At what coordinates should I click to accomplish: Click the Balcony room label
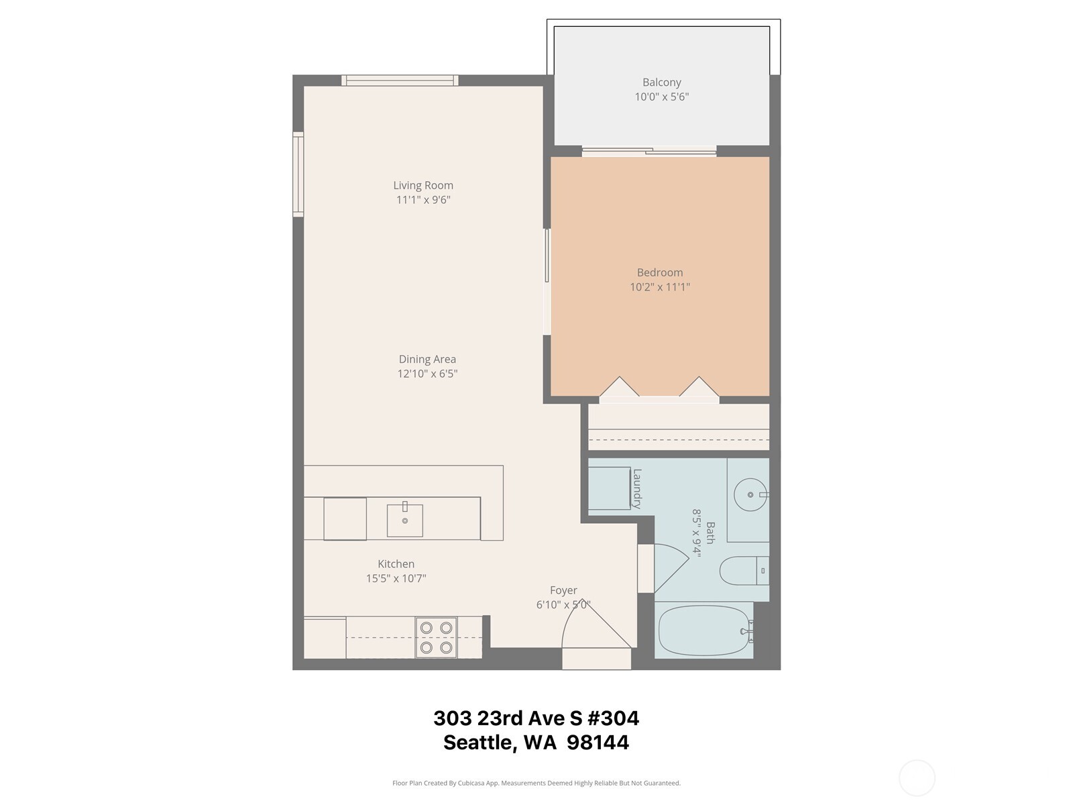[x=661, y=83]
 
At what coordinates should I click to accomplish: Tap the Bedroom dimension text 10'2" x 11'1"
[x=659, y=287]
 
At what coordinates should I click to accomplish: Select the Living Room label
[x=423, y=185]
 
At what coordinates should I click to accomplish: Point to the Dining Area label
[x=427, y=360]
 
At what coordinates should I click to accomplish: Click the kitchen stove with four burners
[x=436, y=637]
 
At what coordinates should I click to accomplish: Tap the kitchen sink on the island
[x=404, y=520]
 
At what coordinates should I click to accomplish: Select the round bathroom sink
[x=750, y=495]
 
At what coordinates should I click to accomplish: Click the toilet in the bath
[x=741, y=572]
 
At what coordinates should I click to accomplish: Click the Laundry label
[x=637, y=488]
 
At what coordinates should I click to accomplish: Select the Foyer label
[x=563, y=590]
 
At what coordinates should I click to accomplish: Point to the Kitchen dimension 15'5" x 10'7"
[x=396, y=578]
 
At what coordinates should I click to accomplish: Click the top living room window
[x=400, y=80]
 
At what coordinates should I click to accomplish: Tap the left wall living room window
[x=298, y=174]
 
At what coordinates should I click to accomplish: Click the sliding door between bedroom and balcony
[x=648, y=152]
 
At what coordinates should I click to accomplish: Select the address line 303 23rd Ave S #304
[x=536, y=718]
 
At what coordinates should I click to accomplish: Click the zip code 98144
[x=598, y=743]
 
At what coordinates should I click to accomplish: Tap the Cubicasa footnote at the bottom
[x=536, y=783]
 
